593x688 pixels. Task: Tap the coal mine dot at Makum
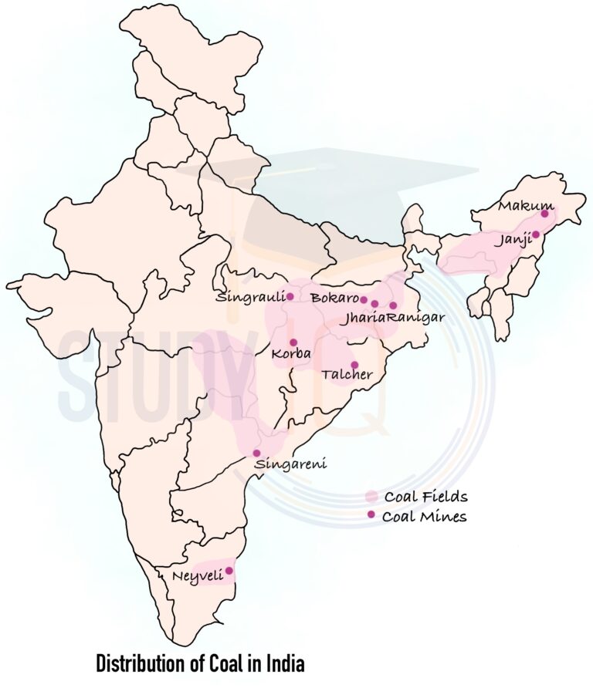point(544,214)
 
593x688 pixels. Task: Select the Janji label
point(513,240)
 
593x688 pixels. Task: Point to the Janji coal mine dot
point(536,234)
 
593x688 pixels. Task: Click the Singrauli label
point(250,297)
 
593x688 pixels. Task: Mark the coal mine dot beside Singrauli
point(290,296)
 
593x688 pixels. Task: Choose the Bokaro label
point(334,297)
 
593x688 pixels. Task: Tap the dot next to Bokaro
point(364,299)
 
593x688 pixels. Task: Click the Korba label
point(291,354)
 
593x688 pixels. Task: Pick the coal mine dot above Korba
point(293,342)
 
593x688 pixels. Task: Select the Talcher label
point(347,374)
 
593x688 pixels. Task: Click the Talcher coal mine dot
point(354,365)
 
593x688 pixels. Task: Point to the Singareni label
point(290,464)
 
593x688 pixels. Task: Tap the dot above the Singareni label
point(256,454)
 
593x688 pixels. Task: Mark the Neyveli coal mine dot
point(229,571)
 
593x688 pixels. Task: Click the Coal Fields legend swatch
point(371,496)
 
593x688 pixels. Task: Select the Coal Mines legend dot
point(371,514)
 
